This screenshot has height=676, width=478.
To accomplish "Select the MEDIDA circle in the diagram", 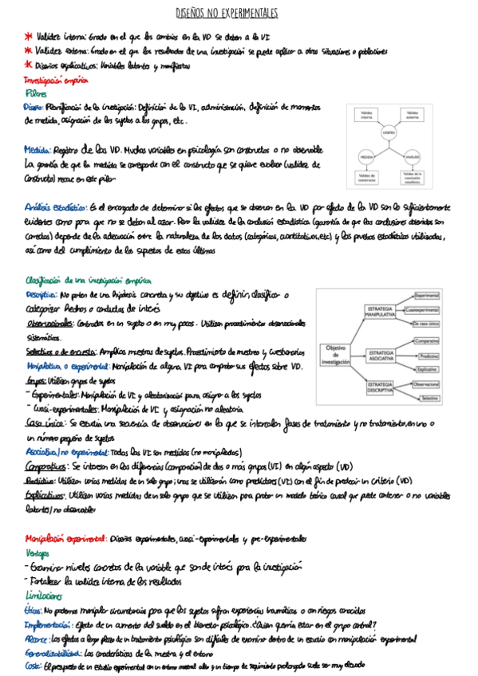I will coord(367,156).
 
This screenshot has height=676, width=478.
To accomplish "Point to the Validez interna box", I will coord(366,115).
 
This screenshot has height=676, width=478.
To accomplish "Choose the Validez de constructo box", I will coord(367,177).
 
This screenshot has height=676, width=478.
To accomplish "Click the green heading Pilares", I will coord(38,93).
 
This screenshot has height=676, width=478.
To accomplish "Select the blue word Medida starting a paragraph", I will coord(38,148).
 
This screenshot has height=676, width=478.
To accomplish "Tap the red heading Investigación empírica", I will coord(55,81).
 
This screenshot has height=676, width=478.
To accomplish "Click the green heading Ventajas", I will coord(38,552).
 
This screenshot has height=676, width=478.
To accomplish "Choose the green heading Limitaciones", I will coord(43,595).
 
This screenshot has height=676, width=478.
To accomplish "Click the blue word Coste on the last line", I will coord(34,665).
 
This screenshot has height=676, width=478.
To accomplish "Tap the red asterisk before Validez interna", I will coord(29,37).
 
